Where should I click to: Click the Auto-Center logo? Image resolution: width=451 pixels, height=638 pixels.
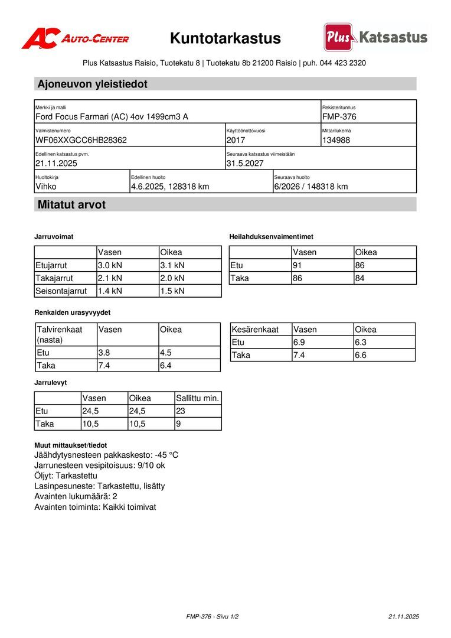pyautogui.click(x=75, y=38)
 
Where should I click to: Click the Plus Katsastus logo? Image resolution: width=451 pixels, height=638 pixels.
pyautogui.click(x=375, y=37)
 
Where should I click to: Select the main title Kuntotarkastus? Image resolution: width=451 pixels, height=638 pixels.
pyautogui.click(x=225, y=39)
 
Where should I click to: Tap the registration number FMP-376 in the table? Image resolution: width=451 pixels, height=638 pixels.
pyautogui.click(x=339, y=117)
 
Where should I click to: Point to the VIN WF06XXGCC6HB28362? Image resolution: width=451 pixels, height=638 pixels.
pyautogui.click(x=81, y=140)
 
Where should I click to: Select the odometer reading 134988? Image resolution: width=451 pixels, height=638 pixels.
pyautogui.click(x=336, y=140)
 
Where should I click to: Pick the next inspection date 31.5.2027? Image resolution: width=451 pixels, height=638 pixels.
pyautogui.click(x=245, y=163)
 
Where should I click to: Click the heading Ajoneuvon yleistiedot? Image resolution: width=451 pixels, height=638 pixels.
pyautogui.click(x=93, y=84)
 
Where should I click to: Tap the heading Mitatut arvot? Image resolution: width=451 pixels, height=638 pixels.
pyautogui.click(x=71, y=205)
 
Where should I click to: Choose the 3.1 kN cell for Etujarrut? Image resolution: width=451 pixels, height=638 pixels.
pyautogui.click(x=172, y=265)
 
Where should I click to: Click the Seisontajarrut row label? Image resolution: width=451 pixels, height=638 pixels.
pyautogui.click(x=61, y=291)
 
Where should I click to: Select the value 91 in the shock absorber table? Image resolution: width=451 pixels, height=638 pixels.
pyautogui.click(x=298, y=265)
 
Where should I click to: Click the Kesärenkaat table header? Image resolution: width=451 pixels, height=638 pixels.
pyautogui.click(x=255, y=329)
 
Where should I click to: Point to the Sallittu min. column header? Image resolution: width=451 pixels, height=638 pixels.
pyautogui.click(x=198, y=398)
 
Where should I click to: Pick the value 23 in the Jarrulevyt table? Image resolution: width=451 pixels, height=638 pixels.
pyautogui.click(x=181, y=411)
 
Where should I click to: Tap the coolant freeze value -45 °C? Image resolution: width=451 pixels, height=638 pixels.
pyautogui.click(x=166, y=455)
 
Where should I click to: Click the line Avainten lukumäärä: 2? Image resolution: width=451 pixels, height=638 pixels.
pyautogui.click(x=76, y=496)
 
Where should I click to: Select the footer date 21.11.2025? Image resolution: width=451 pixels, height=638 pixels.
pyautogui.click(x=403, y=616)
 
